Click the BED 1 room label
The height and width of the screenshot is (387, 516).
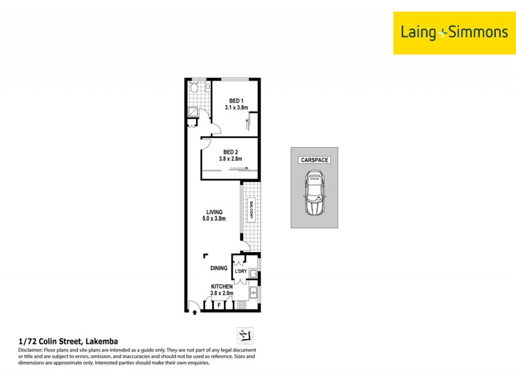[x=237, y=101]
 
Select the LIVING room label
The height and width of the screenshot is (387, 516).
[x=215, y=212]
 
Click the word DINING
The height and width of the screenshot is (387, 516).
[x=219, y=268]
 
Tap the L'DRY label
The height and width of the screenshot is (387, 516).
[x=241, y=271]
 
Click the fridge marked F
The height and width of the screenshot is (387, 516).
[x=219, y=304]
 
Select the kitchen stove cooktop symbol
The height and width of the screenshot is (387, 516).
[x=243, y=304]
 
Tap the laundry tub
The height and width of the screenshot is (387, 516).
[x=253, y=274]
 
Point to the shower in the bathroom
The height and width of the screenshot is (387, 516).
[x=193, y=111]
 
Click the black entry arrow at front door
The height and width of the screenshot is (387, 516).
[x=195, y=313]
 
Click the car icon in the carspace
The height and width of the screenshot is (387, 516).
[x=314, y=193]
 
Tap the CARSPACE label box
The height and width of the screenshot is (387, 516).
[x=314, y=160]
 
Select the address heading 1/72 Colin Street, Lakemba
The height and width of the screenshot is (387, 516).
[x=68, y=341]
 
